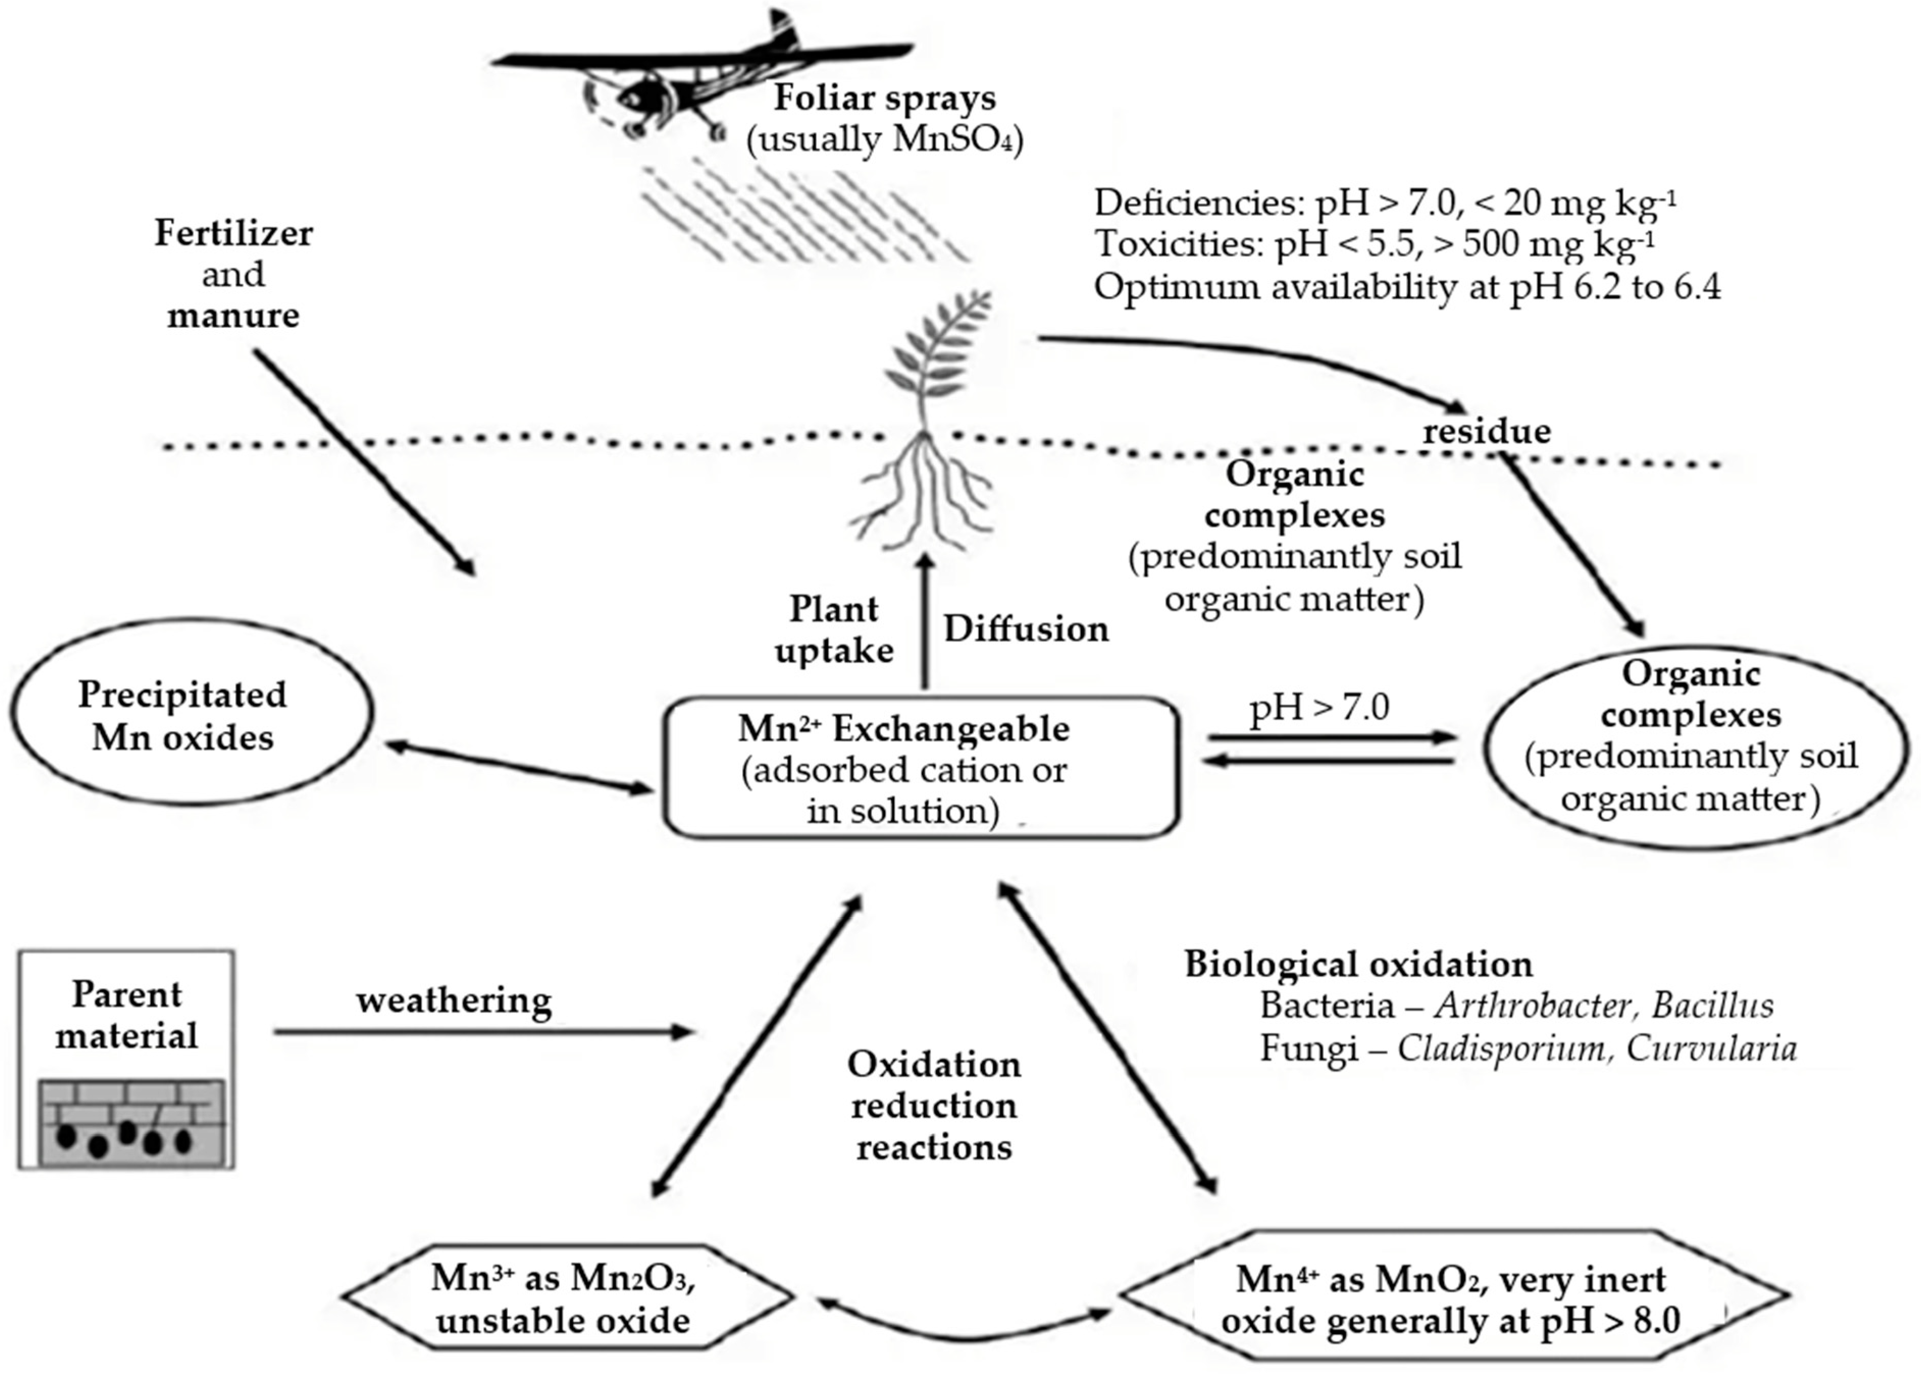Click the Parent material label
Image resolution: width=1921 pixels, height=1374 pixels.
pos(127,1015)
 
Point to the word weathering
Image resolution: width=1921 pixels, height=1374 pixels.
pos(454,1001)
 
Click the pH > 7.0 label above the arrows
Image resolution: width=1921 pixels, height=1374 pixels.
pos(1319,707)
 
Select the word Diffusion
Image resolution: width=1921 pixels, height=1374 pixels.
pos(1026,629)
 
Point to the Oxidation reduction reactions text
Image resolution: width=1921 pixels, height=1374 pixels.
pos(934,1106)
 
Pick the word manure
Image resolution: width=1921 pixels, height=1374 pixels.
pos(233,316)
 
